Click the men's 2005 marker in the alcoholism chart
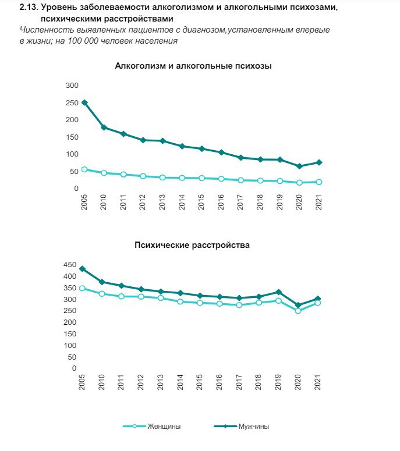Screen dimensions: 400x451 (84, 102)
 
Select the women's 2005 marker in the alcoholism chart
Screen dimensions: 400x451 (84, 169)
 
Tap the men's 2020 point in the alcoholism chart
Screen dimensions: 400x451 (300, 166)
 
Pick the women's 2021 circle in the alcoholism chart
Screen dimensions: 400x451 (319, 182)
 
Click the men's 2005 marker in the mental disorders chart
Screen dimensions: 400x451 (82, 269)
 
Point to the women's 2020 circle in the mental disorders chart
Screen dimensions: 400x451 (298, 311)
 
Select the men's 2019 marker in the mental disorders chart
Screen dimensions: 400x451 (278, 292)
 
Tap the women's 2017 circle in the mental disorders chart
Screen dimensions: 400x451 (239, 305)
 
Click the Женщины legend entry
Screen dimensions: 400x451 (152, 426)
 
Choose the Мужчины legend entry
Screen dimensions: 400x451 (242, 426)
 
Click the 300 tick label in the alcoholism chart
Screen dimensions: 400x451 (72, 86)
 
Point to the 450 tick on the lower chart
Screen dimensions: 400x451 (70, 265)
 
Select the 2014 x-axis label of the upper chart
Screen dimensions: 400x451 (182, 202)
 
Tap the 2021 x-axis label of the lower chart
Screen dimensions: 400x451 (317, 382)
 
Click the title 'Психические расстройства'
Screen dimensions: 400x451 (192, 245)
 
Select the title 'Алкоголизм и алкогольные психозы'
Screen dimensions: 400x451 (193, 66)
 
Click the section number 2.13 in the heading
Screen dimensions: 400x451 (29, 7)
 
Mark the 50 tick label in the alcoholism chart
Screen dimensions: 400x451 (74, 172)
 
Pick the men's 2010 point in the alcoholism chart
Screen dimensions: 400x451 (104, 127)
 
